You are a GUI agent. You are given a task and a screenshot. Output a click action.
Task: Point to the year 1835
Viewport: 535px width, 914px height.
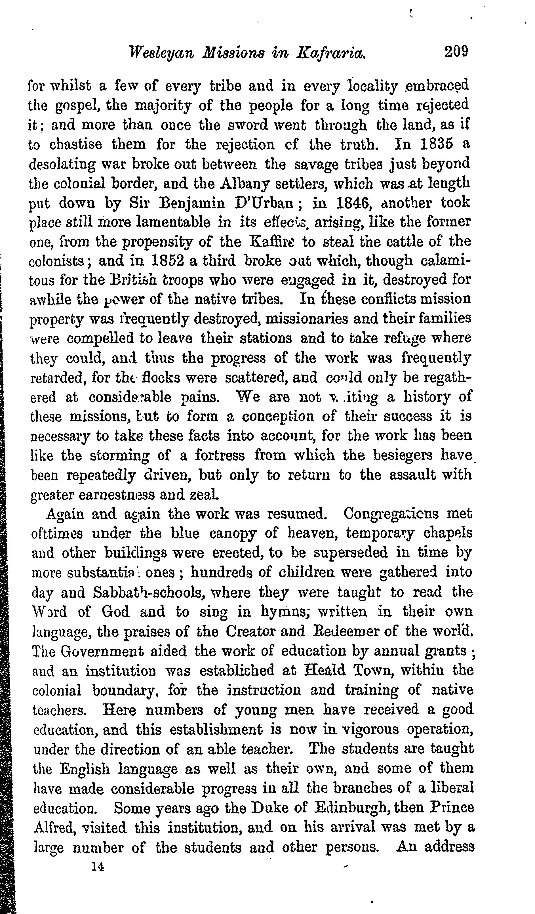tap(436, 144)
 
